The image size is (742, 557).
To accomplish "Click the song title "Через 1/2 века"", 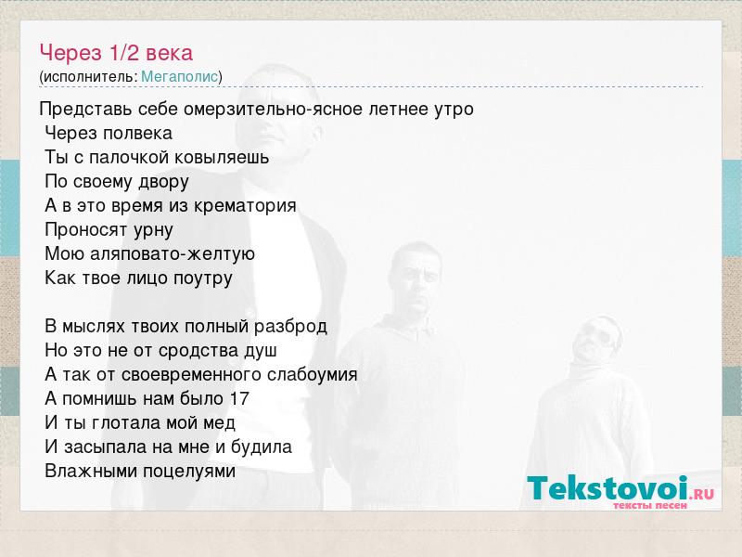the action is click(116, 53).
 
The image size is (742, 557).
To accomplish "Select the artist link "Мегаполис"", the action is click(180, 76).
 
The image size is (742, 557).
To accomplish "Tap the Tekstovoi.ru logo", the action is click(620, 492).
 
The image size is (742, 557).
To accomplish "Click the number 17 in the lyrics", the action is click(239, 398).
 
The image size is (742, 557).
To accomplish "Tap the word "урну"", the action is click(153, 230).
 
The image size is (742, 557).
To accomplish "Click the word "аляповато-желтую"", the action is click(173, 253).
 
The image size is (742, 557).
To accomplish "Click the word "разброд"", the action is click(290, 327).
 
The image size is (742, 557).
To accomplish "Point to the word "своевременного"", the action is click(192, 375).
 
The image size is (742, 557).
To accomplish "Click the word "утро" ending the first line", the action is click(454, 110).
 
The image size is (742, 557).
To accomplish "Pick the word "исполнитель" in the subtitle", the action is click(89, 77).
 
